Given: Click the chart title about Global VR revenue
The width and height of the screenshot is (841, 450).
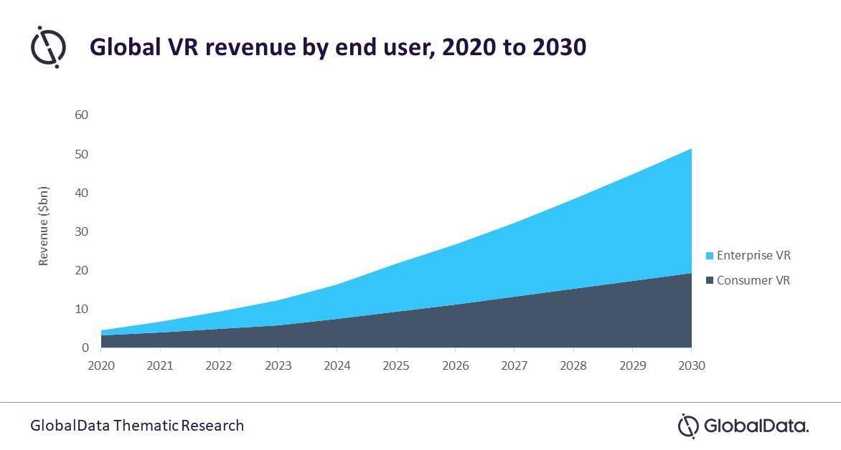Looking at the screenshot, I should (337, 47).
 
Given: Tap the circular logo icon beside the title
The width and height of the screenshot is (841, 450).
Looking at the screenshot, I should (48, 47).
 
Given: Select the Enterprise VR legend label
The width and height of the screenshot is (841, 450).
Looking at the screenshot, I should (753, 256).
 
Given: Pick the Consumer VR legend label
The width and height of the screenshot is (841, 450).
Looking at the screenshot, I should (753, 281).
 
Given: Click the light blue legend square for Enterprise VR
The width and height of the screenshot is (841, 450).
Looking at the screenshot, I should (710, 256).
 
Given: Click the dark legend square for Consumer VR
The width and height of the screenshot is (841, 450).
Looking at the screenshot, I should (710, 281).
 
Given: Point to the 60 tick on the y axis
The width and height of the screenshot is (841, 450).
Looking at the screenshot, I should (81, 115).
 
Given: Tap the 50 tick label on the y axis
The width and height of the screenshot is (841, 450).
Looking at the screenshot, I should (81, 154).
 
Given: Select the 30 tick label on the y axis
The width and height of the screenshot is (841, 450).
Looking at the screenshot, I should (81, 231).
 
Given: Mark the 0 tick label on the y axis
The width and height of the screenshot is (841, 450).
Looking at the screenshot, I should (85, 348).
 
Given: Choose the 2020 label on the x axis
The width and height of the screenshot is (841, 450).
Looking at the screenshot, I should (101, 365).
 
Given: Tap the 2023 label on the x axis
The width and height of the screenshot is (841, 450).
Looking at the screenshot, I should (278, 365).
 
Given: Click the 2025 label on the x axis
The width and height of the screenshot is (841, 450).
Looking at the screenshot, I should (396, 365).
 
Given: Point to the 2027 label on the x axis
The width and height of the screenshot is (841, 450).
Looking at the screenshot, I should (515, 365).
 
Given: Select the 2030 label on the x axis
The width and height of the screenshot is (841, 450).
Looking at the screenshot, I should (691, 365).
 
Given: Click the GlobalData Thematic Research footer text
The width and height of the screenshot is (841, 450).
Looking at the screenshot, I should (137, 426).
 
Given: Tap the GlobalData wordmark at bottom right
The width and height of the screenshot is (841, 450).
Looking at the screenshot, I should (743, 426).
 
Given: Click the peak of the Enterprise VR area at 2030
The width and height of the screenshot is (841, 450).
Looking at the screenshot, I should (690, 149).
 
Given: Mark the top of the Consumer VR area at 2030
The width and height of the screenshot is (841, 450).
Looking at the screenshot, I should (690, 274).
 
